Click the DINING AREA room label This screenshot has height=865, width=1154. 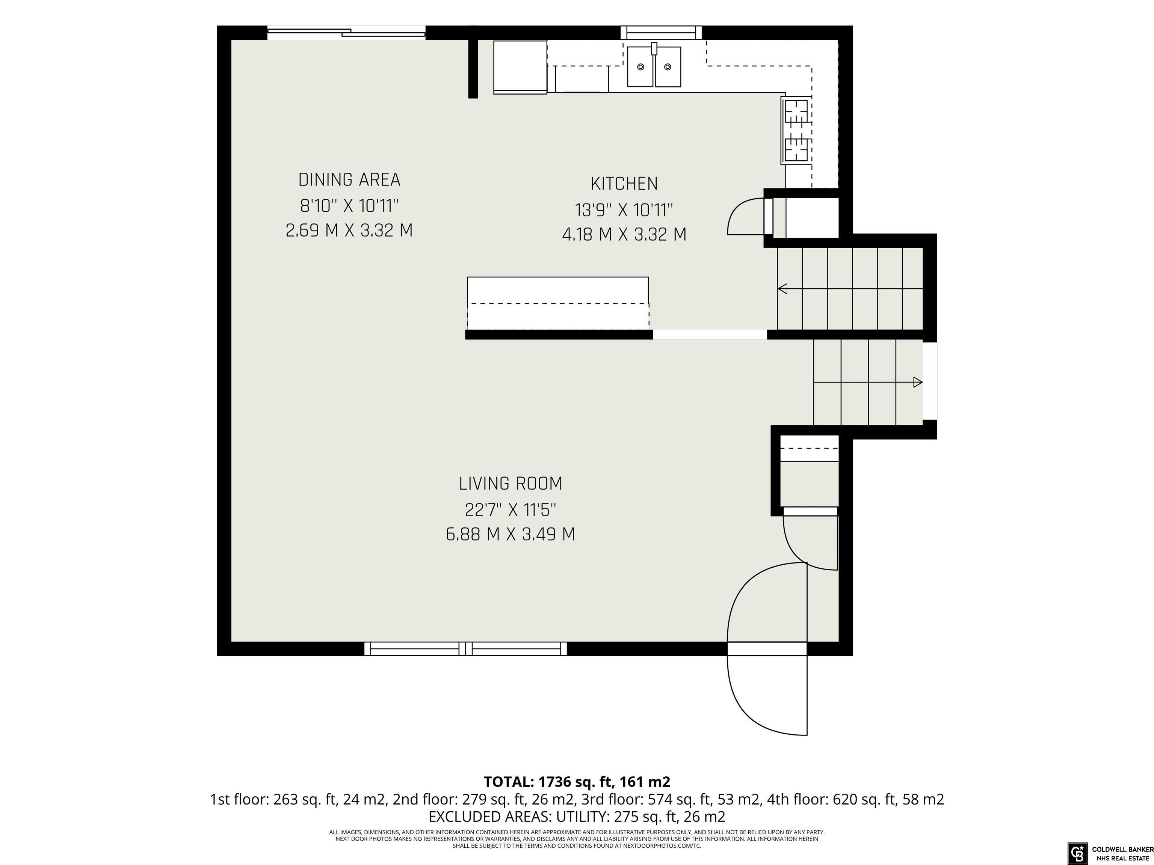(x=349, y=180)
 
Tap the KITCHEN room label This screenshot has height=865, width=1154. (x=624, y=184)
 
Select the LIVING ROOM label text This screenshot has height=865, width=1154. (x=511, y=484)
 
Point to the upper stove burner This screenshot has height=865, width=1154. (x=797, y=112)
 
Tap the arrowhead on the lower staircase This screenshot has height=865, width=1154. (x=918, y=383)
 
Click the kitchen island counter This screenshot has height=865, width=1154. (x=558, y=303)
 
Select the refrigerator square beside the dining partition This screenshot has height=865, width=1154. (x=520, y=67)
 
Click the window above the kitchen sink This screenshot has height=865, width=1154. (x=661, y=33)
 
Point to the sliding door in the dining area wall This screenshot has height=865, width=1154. (x=346, y=33)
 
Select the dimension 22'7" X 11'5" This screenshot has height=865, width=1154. (x=511, y=510)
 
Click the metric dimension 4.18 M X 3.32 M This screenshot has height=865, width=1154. (x=624, y=235)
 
